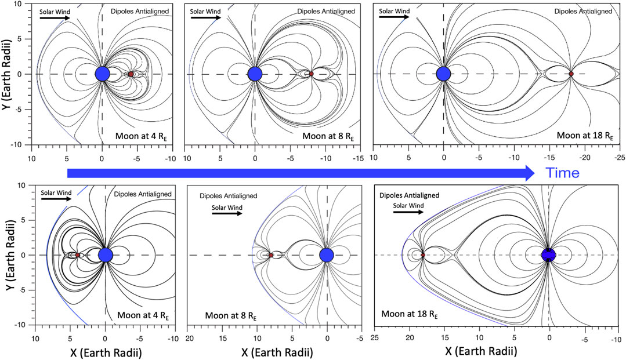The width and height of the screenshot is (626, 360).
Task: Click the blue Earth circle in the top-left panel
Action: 102,74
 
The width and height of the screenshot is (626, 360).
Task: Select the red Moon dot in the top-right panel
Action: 571,74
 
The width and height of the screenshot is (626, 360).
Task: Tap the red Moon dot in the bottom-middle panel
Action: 271,255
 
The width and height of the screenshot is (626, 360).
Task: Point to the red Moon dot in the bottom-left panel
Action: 77,255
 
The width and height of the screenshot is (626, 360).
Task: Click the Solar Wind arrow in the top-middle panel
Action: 205,17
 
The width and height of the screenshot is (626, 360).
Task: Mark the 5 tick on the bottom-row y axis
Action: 24,220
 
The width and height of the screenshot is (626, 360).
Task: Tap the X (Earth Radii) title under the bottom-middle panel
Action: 270,351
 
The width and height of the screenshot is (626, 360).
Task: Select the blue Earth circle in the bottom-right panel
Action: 548,255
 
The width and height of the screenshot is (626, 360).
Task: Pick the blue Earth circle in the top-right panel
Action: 444,74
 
